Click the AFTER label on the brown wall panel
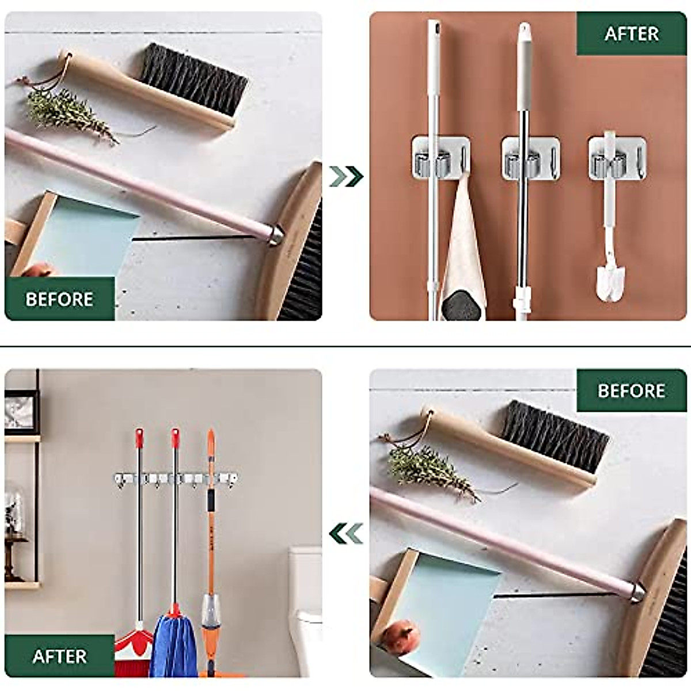(x=631, y=34)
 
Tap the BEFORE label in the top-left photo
(x=59, y=299)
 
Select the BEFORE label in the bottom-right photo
(x=631, y=390)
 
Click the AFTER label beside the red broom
(x=59, y=656)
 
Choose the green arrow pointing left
(x=346, y=533)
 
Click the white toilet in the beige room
(x=305, y=610)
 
